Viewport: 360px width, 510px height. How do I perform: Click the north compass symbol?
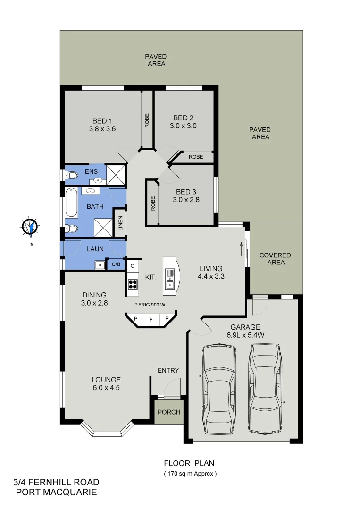[x=31, y=227]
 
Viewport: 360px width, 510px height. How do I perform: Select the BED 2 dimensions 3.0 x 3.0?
[x=183, y=126]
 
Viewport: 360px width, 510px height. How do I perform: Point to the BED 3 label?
[x=186, y=192]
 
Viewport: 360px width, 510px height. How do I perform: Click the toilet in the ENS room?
[x=72, y=176]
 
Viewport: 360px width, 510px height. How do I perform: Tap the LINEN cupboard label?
[x=120, y=223]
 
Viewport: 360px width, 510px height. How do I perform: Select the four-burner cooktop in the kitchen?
[x=133, y=284]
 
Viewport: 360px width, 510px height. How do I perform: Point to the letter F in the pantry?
[x=151, y=320]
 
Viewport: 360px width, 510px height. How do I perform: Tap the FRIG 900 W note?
[x=150, y=305]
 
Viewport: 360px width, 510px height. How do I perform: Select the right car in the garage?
[x=266, y=387]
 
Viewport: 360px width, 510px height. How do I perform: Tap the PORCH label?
[x=169, y=412]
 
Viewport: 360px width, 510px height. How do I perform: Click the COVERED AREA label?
[x=275, y=258]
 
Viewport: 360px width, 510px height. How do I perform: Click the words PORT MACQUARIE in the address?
[x=57, y=493]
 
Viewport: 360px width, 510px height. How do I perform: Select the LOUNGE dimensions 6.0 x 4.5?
[x=106, y=388]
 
